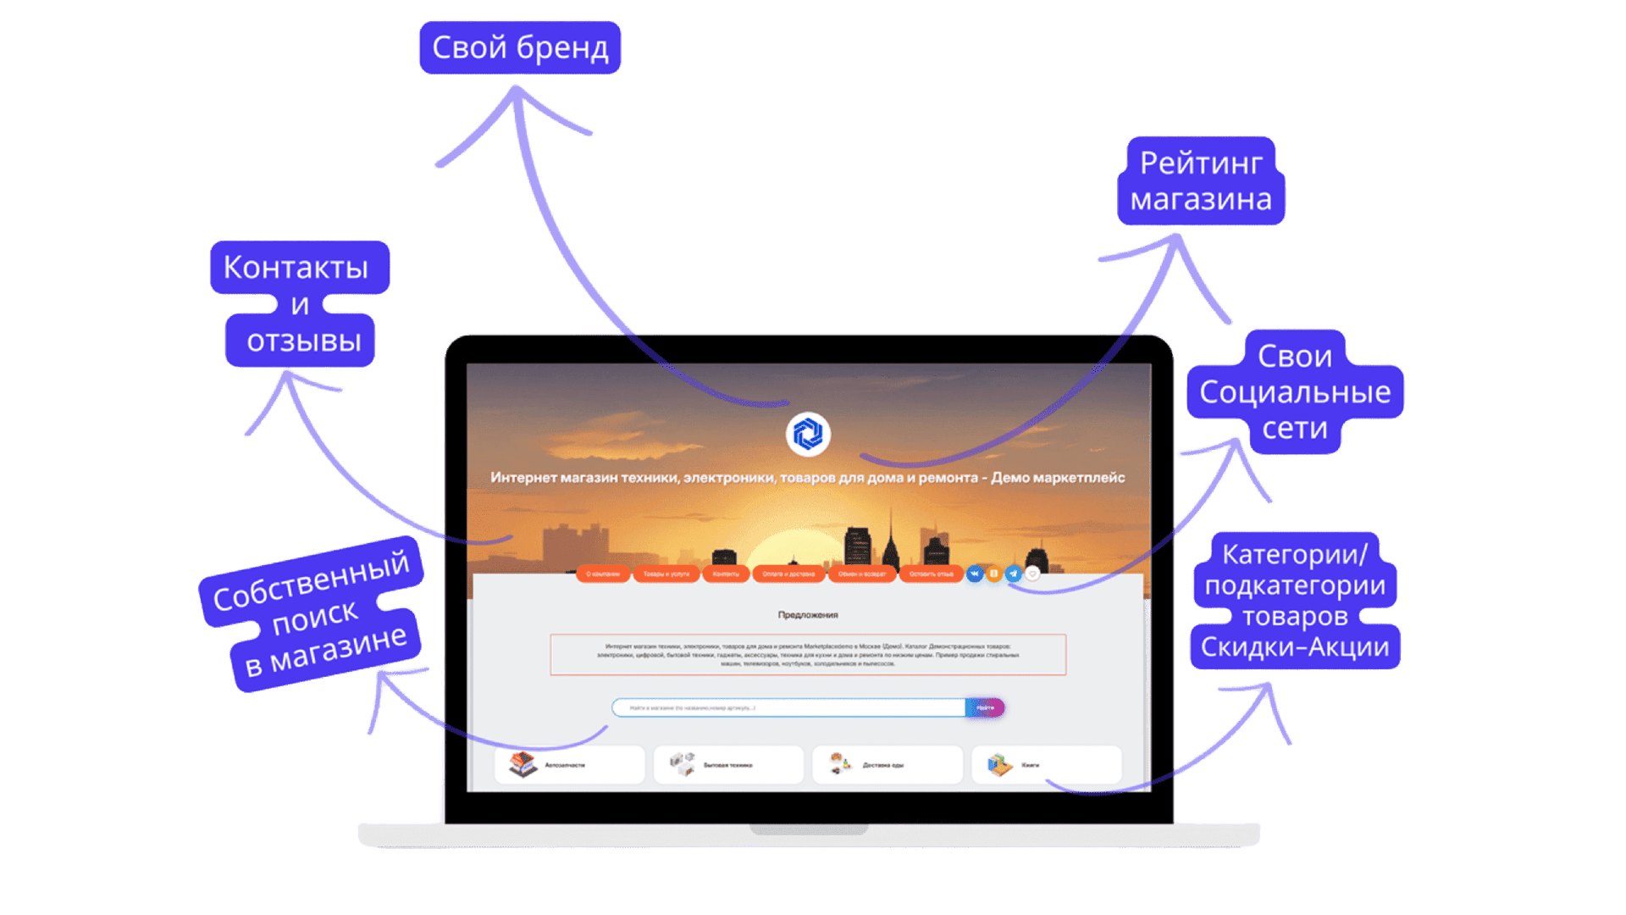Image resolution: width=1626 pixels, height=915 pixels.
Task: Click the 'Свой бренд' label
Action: (519, 47)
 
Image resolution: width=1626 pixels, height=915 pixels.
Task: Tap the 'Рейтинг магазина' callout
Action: (1201, 181)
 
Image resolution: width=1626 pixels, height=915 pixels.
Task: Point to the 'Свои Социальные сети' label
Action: (1295, 391)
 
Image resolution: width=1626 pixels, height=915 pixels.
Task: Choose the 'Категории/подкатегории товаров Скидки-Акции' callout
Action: (1295, 601)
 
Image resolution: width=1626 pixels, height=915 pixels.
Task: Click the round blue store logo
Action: (808, 435)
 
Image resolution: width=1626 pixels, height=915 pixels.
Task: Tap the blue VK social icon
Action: (975, 574)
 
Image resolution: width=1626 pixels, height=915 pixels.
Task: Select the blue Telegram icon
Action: (1014, 574)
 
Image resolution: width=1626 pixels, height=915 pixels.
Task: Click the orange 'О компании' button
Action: (603, 574)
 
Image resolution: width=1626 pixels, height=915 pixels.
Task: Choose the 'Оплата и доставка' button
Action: (788, 574)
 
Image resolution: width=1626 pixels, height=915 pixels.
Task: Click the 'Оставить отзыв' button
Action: (931, 574)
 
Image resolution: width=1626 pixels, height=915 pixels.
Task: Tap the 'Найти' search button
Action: (985, 707)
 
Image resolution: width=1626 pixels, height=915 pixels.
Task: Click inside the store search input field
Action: (788, 707)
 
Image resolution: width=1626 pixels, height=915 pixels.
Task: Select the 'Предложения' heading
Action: (808, 614)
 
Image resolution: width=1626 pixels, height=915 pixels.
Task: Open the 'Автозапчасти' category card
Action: (569, 765)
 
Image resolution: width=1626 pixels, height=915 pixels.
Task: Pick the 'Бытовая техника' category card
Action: (728, 765)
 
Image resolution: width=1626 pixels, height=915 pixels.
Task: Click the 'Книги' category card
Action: (1046, 765)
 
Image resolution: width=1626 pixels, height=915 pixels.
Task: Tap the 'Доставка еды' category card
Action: (887, 765)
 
